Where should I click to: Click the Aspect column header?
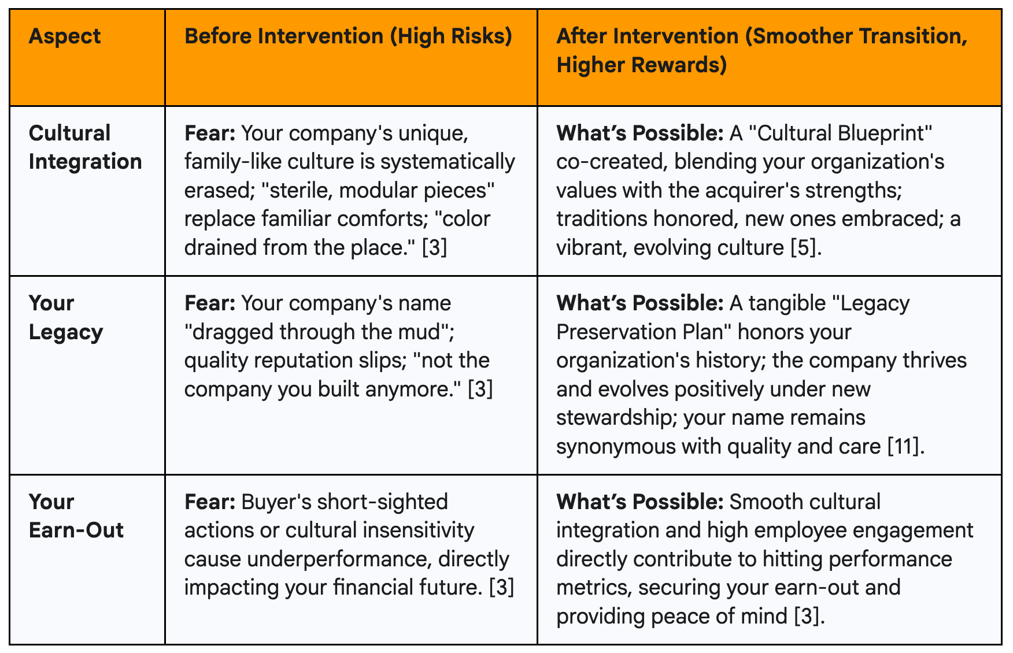(65, 36)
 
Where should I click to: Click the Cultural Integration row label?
(85, 147)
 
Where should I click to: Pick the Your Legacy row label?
(66, 317)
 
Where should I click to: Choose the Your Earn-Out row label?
(76, 515)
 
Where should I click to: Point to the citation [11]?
(906, 446)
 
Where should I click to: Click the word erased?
(217, 190)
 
